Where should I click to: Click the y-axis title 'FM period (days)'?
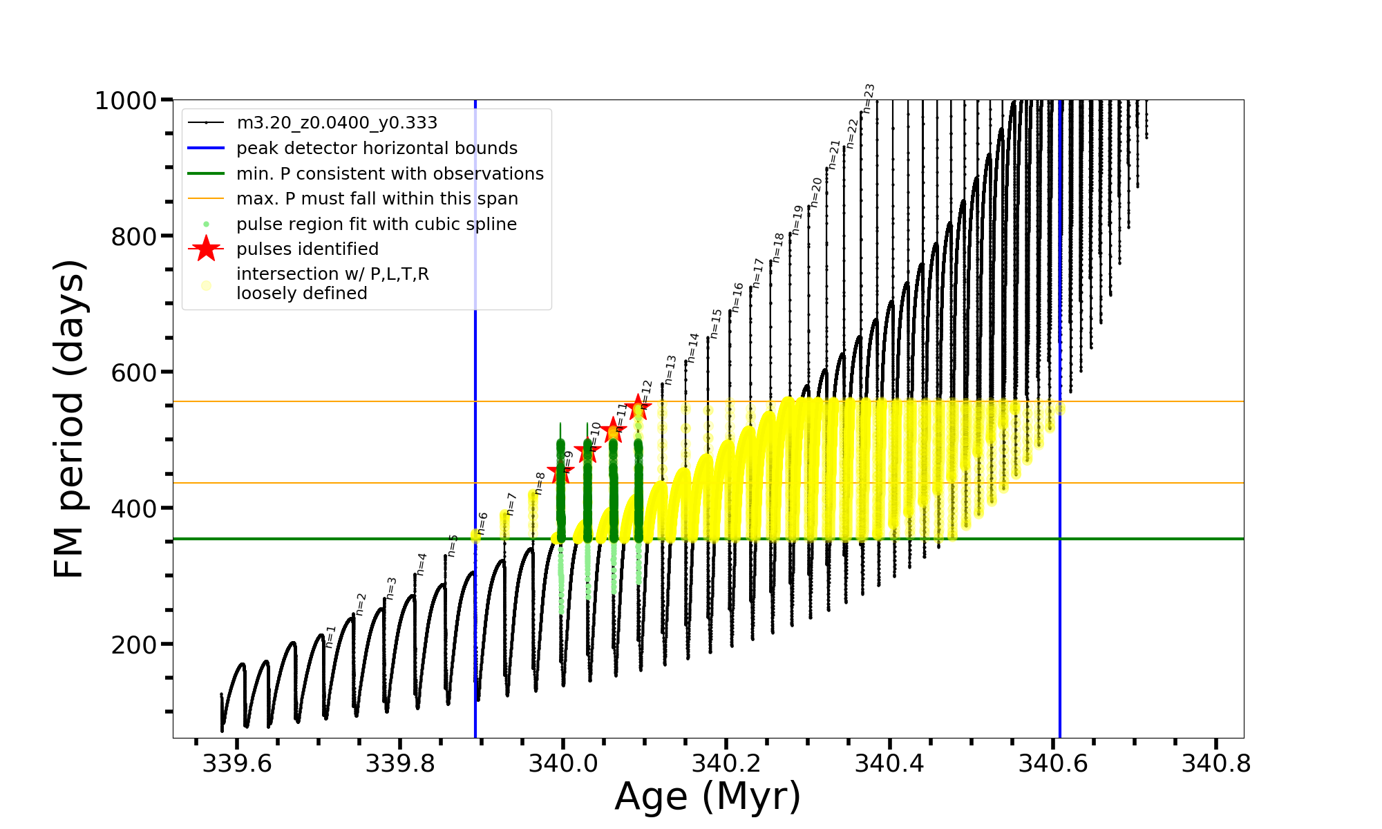[69, 419]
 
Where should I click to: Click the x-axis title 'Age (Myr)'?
[708, 797]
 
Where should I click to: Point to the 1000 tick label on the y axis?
[126, 101]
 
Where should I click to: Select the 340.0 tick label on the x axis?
[562, 763]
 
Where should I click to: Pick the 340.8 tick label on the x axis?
[1216, 763]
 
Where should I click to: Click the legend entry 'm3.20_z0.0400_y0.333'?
[337, 123]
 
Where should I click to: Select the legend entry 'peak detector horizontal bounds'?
[377, 149]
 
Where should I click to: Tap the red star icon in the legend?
[206, 249]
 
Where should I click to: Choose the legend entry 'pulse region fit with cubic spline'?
[376, 225]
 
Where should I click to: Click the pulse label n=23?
[869, 98]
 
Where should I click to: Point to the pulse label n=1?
[330, 636]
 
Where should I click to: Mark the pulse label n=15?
[716, 323]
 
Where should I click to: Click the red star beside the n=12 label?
[638, 406]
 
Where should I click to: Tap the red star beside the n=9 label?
[560, 473]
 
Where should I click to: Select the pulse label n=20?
[817, 192]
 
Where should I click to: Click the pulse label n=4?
[422, 564]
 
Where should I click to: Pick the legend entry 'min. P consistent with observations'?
[390, 174]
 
